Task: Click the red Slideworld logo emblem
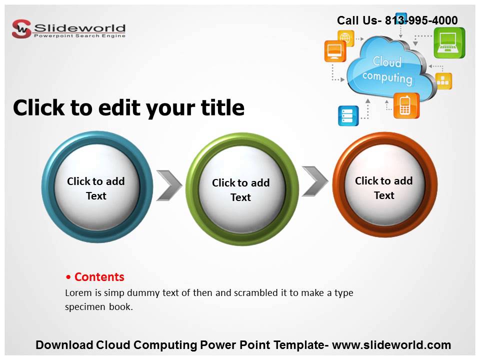click(x=22, y=29)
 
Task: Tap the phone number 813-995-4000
click(x=421, y=20)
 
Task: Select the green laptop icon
click(x=448, y=42)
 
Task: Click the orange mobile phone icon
click(x=406, y=105)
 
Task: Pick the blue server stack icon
click(x=348, y=115)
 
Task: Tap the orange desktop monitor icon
click(x=335, y=51)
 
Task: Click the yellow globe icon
click(x=346, y=38)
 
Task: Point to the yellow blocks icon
click(x=443, y=80)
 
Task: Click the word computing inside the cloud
click(x=387, y=78)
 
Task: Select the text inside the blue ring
click(x=96, y=188)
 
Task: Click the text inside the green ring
click(x=240, y=190)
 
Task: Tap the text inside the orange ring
click(x=383, y=188)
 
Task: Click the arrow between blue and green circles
click(x=169, y=185)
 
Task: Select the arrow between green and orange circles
click(x=314, y=180)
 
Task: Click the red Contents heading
click(x=99, y=277)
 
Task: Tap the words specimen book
click(x=99, y=307)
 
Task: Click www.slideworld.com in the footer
click(x=391, y=345)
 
